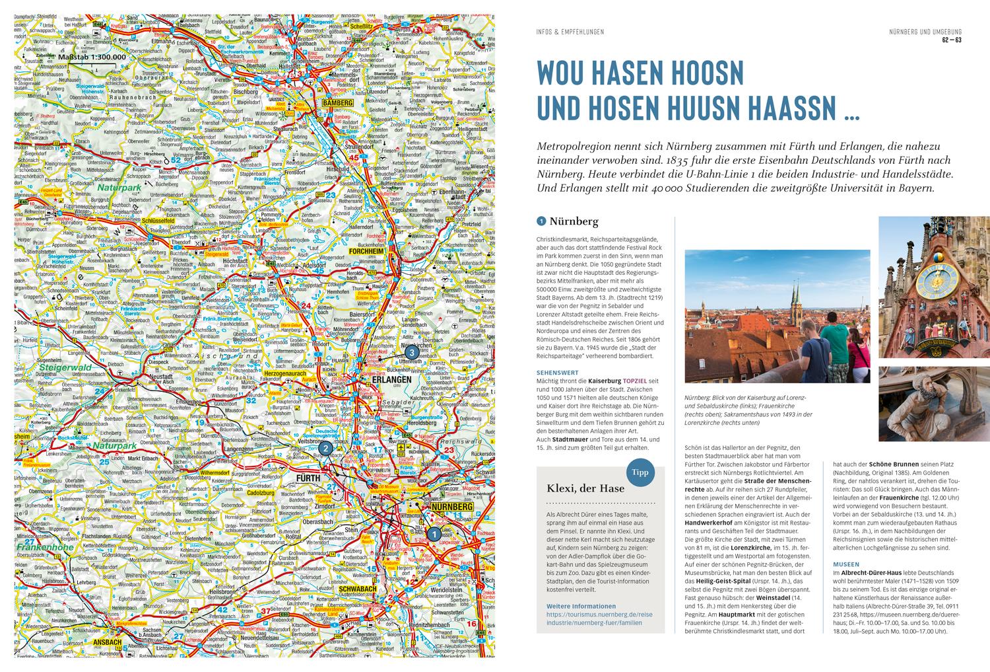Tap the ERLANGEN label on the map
pyautogui.click(x=391, y=380)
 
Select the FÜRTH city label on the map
pyautogui.click(x=309, y=478)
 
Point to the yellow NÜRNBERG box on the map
pyautogui.click(x=452, y=507)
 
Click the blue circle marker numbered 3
pyautogui.click(x=412, y=353)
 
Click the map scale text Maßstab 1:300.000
pyautogui.click(x=92, y=57)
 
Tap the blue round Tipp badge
pyautogui.click(x=640, y=472)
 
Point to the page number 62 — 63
pyautogui.click(x=951, y=41)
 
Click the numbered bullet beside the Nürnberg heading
pyautogui.click(x=541, y=222)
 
